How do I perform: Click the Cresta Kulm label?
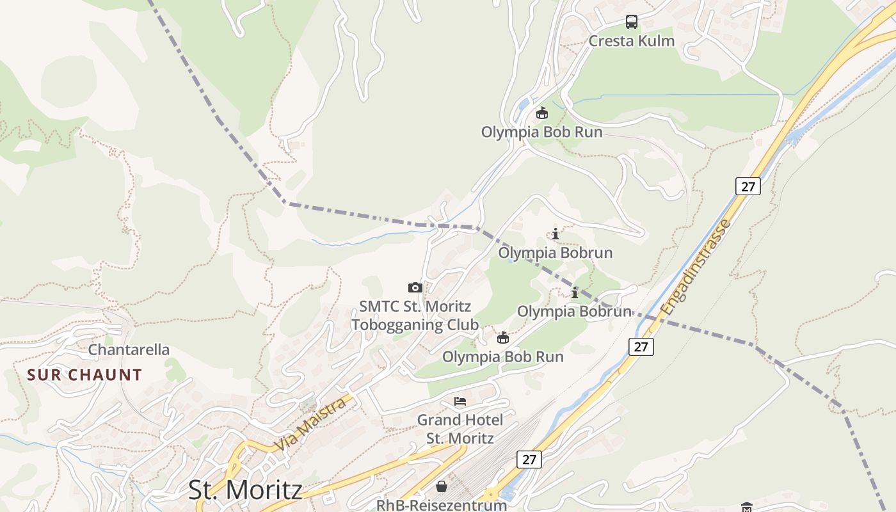tap(631, 41)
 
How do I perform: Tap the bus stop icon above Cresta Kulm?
tap(632, 22)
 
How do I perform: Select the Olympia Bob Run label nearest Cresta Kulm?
tap(541, 132)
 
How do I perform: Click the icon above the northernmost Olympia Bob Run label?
tap(542, 113)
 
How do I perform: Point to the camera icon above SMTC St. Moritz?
tap(415, 288)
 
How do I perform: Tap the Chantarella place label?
tap(129, 350)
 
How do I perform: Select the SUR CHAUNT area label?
tap(84, 375)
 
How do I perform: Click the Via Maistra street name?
tap(312, 424)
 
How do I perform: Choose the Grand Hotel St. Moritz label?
tap(460, 429)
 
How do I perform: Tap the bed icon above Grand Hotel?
tap(460, 402)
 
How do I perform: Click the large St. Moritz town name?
tap(245, 490)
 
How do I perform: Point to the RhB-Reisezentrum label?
tap(441, 505)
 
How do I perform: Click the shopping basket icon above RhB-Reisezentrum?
tap(442, 486)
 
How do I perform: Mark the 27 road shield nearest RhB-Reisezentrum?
tap(529, 460)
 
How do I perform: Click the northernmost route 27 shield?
tap(748, 187)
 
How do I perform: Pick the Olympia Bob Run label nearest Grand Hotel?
tap(503, 357)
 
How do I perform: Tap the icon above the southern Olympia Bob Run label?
tap(504, 338)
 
